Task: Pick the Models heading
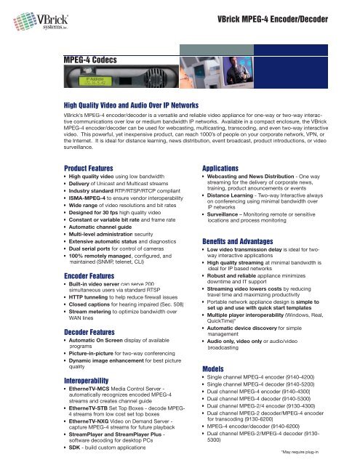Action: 216,368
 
